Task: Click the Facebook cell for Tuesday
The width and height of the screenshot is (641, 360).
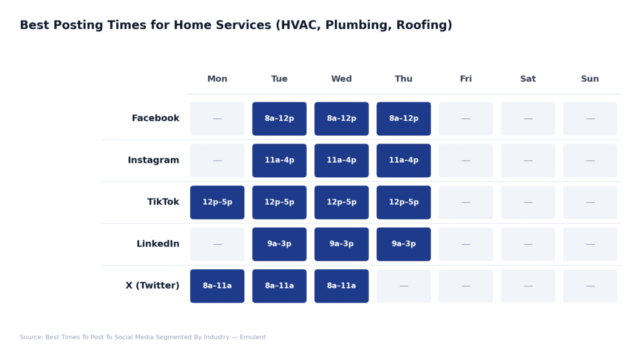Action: click(279, 118)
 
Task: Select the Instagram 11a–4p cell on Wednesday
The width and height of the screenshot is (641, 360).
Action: click(341, 160)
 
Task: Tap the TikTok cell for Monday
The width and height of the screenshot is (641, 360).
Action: click(217, 202)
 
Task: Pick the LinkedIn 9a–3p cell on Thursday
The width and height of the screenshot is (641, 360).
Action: click(404, 244)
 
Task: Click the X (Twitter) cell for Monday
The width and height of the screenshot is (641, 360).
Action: click(217, 286)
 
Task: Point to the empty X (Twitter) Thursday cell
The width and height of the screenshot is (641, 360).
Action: click(404, 286)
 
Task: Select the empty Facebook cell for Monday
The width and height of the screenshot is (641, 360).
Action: click(217, 118)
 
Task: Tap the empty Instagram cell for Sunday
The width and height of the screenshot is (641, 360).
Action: click(590, 160)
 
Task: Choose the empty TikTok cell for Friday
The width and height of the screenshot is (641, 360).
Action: click(466, 202)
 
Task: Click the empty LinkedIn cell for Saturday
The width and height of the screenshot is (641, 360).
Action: click(528, 244)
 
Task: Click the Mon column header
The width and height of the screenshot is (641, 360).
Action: click(217, 79)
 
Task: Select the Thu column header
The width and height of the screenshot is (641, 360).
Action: click(404, 79)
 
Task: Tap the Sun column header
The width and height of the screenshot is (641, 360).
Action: click(590, 79)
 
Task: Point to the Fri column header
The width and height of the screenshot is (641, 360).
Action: click(466, 79)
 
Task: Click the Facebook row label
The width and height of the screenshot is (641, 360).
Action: click(155, 118)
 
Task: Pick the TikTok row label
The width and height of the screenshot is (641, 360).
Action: click(163, 202)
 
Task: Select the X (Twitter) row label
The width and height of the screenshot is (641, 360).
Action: click(152, 286)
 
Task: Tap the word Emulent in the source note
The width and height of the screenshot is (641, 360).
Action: click(252, 337)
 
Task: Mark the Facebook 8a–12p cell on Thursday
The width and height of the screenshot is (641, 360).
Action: click(404, 118)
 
